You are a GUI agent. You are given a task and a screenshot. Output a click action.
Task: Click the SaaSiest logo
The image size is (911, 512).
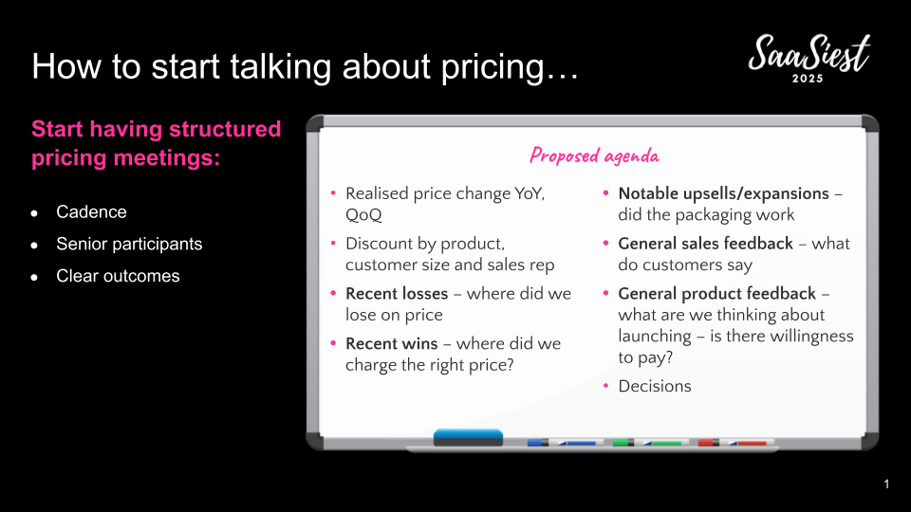(809, 58)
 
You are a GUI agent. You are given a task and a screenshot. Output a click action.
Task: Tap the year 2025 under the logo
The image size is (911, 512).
(809, 79)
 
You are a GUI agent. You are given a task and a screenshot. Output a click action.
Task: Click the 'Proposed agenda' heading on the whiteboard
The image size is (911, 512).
(594, 155)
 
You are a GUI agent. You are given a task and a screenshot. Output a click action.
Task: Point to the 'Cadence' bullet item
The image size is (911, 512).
(91, 211)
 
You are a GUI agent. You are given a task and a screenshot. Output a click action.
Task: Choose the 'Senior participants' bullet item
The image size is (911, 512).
(129, 244)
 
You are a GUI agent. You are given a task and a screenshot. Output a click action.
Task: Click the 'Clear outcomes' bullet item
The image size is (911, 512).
(118, 276)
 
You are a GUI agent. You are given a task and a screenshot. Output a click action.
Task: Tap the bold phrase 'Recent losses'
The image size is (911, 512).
(397, 294)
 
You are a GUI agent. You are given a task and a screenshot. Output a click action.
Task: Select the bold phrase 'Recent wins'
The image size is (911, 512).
(392, 343)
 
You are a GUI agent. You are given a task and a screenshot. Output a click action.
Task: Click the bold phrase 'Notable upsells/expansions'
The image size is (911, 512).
(723, 193)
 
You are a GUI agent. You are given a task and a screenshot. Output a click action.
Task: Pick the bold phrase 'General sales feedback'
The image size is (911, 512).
(705, 244)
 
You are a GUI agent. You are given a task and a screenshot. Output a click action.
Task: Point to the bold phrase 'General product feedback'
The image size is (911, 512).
(717, 294)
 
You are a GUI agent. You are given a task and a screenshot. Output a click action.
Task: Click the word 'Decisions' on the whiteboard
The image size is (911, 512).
(655, 387)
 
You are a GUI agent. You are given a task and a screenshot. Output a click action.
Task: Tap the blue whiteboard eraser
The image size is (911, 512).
(468, 438)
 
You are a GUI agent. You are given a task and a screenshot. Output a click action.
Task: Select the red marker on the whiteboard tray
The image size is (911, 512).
(736, 443)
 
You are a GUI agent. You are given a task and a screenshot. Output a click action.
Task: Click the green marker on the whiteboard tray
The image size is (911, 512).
(651, 443)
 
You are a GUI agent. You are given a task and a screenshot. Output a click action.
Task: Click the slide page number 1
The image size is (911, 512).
(886, 485)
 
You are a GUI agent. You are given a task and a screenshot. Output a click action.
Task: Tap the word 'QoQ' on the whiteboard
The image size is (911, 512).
(363, 215)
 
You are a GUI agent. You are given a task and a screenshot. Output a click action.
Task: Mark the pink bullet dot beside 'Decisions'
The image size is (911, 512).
(606, 386)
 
